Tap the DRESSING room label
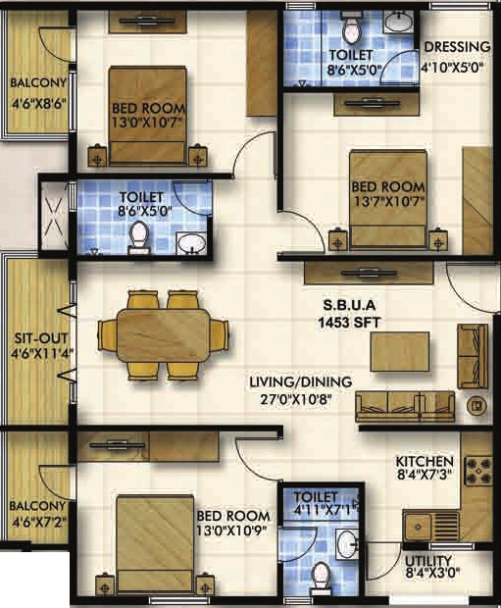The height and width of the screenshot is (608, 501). coord(455,47)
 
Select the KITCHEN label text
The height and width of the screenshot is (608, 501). coord(424,461)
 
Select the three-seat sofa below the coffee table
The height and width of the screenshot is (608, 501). coord(405,404)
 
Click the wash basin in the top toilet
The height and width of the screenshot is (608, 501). coord(399,21)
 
